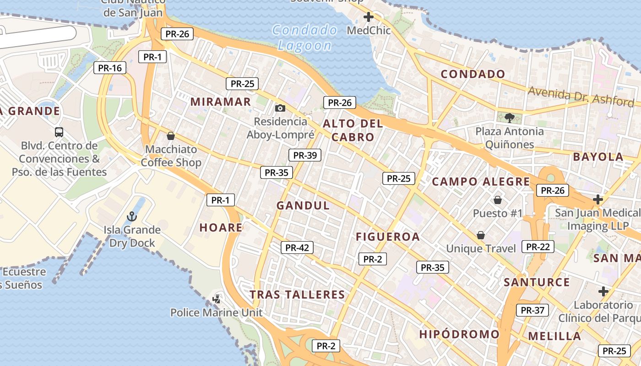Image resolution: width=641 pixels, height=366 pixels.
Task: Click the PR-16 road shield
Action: (110, 68)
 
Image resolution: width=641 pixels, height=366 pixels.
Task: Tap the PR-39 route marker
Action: (305, 155)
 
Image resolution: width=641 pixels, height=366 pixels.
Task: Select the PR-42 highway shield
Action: (297, 248)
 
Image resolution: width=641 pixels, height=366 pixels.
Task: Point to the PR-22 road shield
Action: (538, 247)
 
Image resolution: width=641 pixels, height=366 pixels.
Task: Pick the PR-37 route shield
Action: (532, 310)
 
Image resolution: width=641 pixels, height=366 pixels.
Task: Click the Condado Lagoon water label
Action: (305, 38)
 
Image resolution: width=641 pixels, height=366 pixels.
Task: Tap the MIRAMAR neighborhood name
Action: (221, 102)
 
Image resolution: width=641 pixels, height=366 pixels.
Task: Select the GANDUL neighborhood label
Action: (303, 205)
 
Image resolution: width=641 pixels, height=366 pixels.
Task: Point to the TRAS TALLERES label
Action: (297, 294)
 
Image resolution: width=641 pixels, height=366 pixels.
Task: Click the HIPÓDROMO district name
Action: (459, 334)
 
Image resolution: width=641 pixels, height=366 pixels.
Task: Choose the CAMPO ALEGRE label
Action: (481, 182)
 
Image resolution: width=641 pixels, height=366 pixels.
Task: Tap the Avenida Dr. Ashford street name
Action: (581, 95)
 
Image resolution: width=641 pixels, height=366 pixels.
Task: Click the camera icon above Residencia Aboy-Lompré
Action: (280, 108)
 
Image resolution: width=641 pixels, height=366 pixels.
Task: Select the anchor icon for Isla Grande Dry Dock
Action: (132, 216)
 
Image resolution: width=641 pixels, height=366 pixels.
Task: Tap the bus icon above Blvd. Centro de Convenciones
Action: (59, 132)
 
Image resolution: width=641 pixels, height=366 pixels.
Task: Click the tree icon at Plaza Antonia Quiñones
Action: (509, 118)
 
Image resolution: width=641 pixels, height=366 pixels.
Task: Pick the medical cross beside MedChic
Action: (369, 17)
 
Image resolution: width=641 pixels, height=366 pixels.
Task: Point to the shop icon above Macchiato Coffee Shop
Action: (171, 136)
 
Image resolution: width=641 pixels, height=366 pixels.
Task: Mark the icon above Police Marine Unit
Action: (217, 299)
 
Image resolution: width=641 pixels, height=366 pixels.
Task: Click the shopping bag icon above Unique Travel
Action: (481, 235)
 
